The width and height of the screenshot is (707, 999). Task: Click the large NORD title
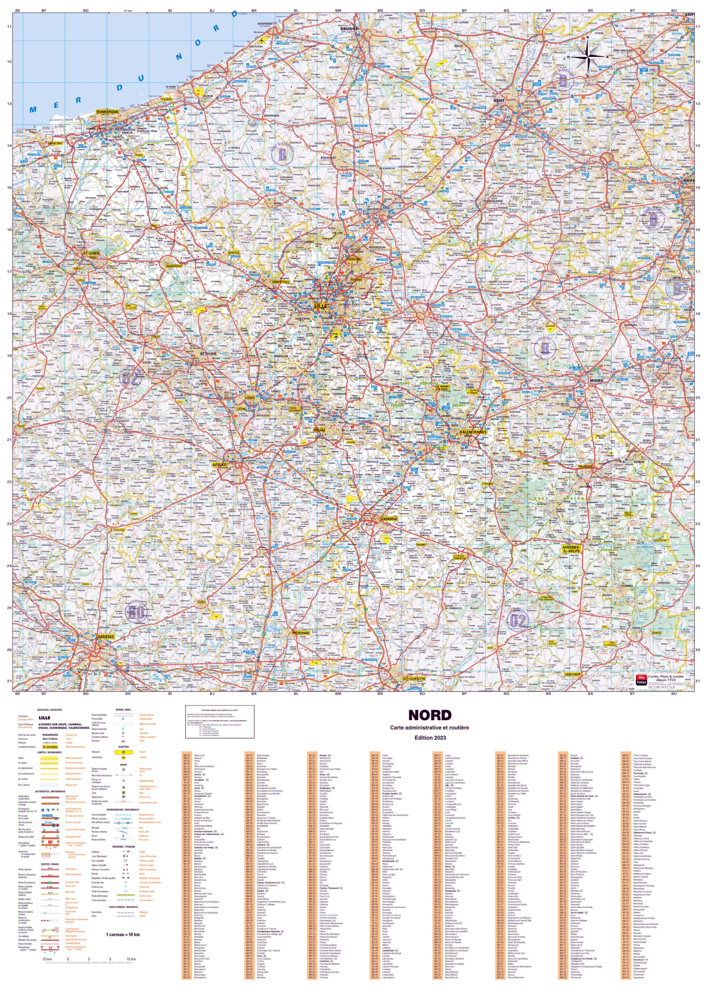[x=430, y=715]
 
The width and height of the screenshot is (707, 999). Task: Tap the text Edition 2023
[x=430, y=738]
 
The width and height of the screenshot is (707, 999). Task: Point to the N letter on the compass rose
[x=587, y=37]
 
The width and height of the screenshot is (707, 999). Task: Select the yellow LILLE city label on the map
[x=321, y=306]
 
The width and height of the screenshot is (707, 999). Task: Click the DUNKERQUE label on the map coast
[x=107, y=112]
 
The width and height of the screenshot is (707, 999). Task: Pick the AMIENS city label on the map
[x=105, y=636]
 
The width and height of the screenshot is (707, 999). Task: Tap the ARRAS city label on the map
[x=219, y=465]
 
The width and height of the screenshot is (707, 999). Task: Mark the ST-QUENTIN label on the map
[x=413, y=679]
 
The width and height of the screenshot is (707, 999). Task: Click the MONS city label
[x=597, y=380]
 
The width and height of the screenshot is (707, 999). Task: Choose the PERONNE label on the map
[x=301, y=633]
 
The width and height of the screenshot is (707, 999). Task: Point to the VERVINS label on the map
[x=572, y=674]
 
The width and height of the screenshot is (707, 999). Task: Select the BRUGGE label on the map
[x=349, y=29]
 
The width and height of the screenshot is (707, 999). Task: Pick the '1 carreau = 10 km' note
[x=123, y=935]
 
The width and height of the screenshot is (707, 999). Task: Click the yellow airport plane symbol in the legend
[x=124, y=752]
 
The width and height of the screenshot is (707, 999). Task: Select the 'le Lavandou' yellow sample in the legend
[x=50, y=747]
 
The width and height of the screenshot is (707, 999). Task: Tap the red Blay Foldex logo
[x=640, y=680]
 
